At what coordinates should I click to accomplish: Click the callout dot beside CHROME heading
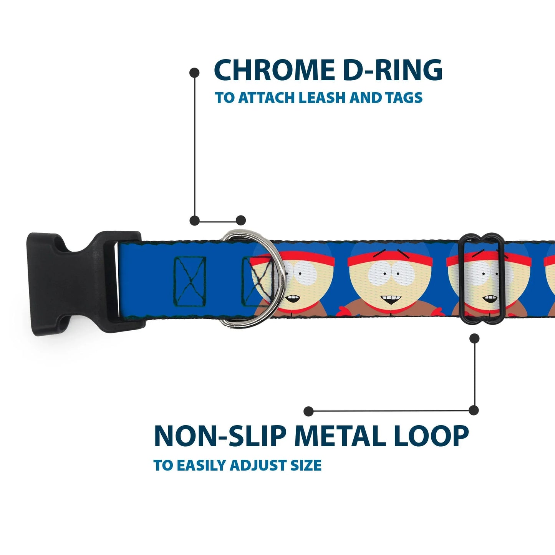point(195,72)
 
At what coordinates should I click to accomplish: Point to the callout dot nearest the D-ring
point(241,220)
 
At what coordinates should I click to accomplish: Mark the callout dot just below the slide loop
point(475,338)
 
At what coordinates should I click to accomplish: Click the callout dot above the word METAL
point(308,411)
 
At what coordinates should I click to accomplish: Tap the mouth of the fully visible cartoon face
point(391,300)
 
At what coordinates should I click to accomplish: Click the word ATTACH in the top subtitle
point(267,98)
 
